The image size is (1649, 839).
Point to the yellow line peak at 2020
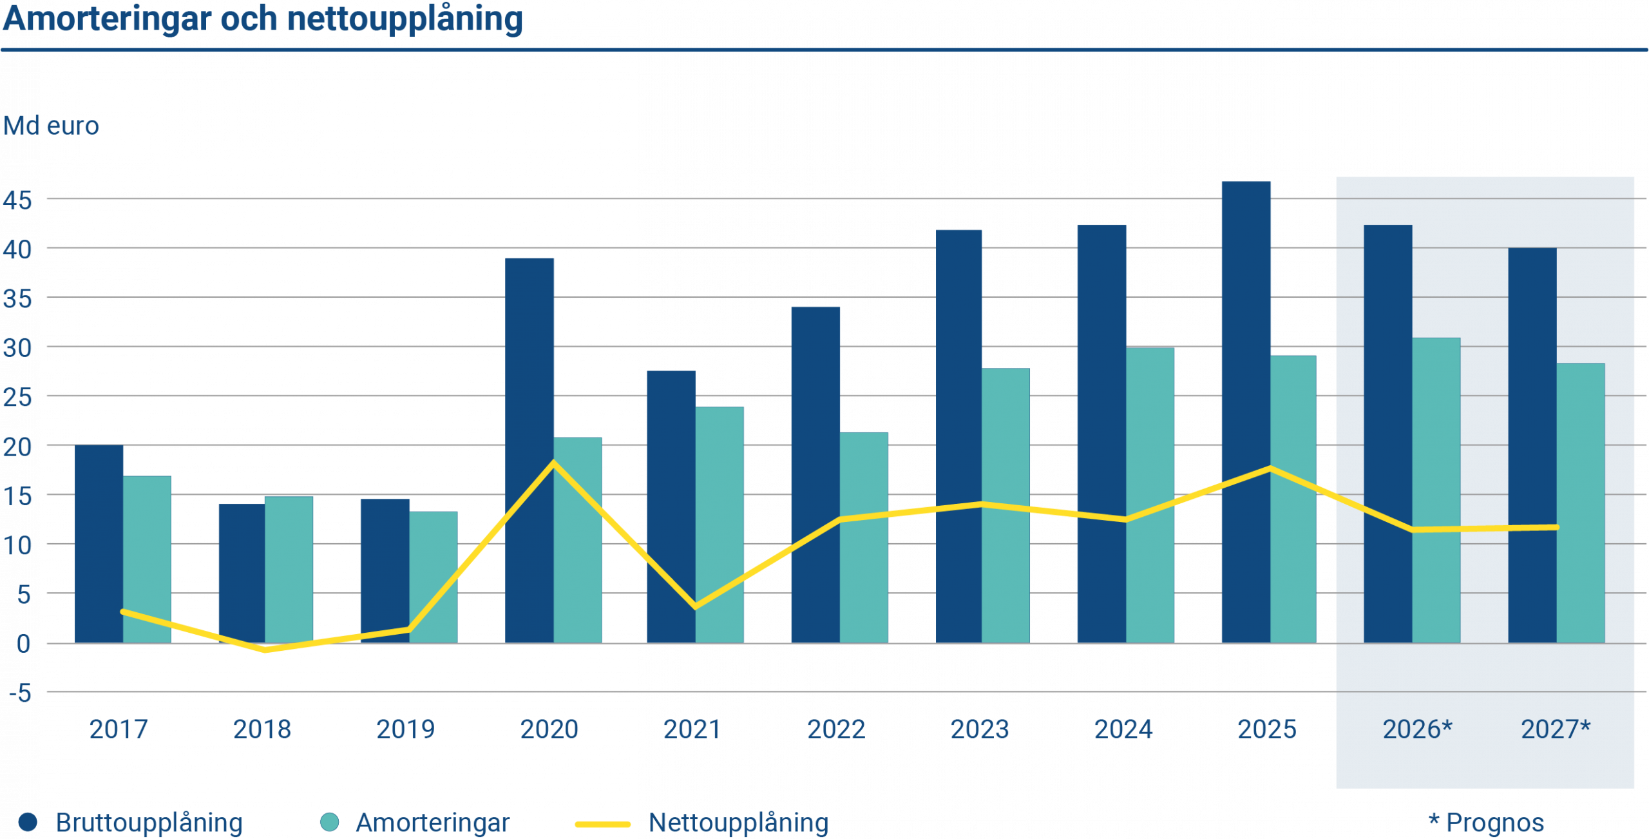click(553, 462)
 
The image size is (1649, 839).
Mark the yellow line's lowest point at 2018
click(265, 650)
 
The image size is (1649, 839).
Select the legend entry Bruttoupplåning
click(148, 823)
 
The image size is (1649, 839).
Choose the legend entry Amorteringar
click(432, 823)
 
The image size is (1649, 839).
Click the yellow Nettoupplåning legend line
click(603, 824)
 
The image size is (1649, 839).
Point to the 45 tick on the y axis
click(17, 200)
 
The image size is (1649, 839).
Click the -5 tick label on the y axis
click(20, 693)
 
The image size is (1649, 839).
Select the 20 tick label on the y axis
click(17, 447)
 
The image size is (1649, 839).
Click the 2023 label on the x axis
click(979, 729)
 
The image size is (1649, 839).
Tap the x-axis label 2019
click(405, 729)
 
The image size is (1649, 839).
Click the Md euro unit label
click(51, 126)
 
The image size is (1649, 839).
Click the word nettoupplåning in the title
click(405, 19)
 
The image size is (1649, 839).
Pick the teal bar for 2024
click(1150, 496)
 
